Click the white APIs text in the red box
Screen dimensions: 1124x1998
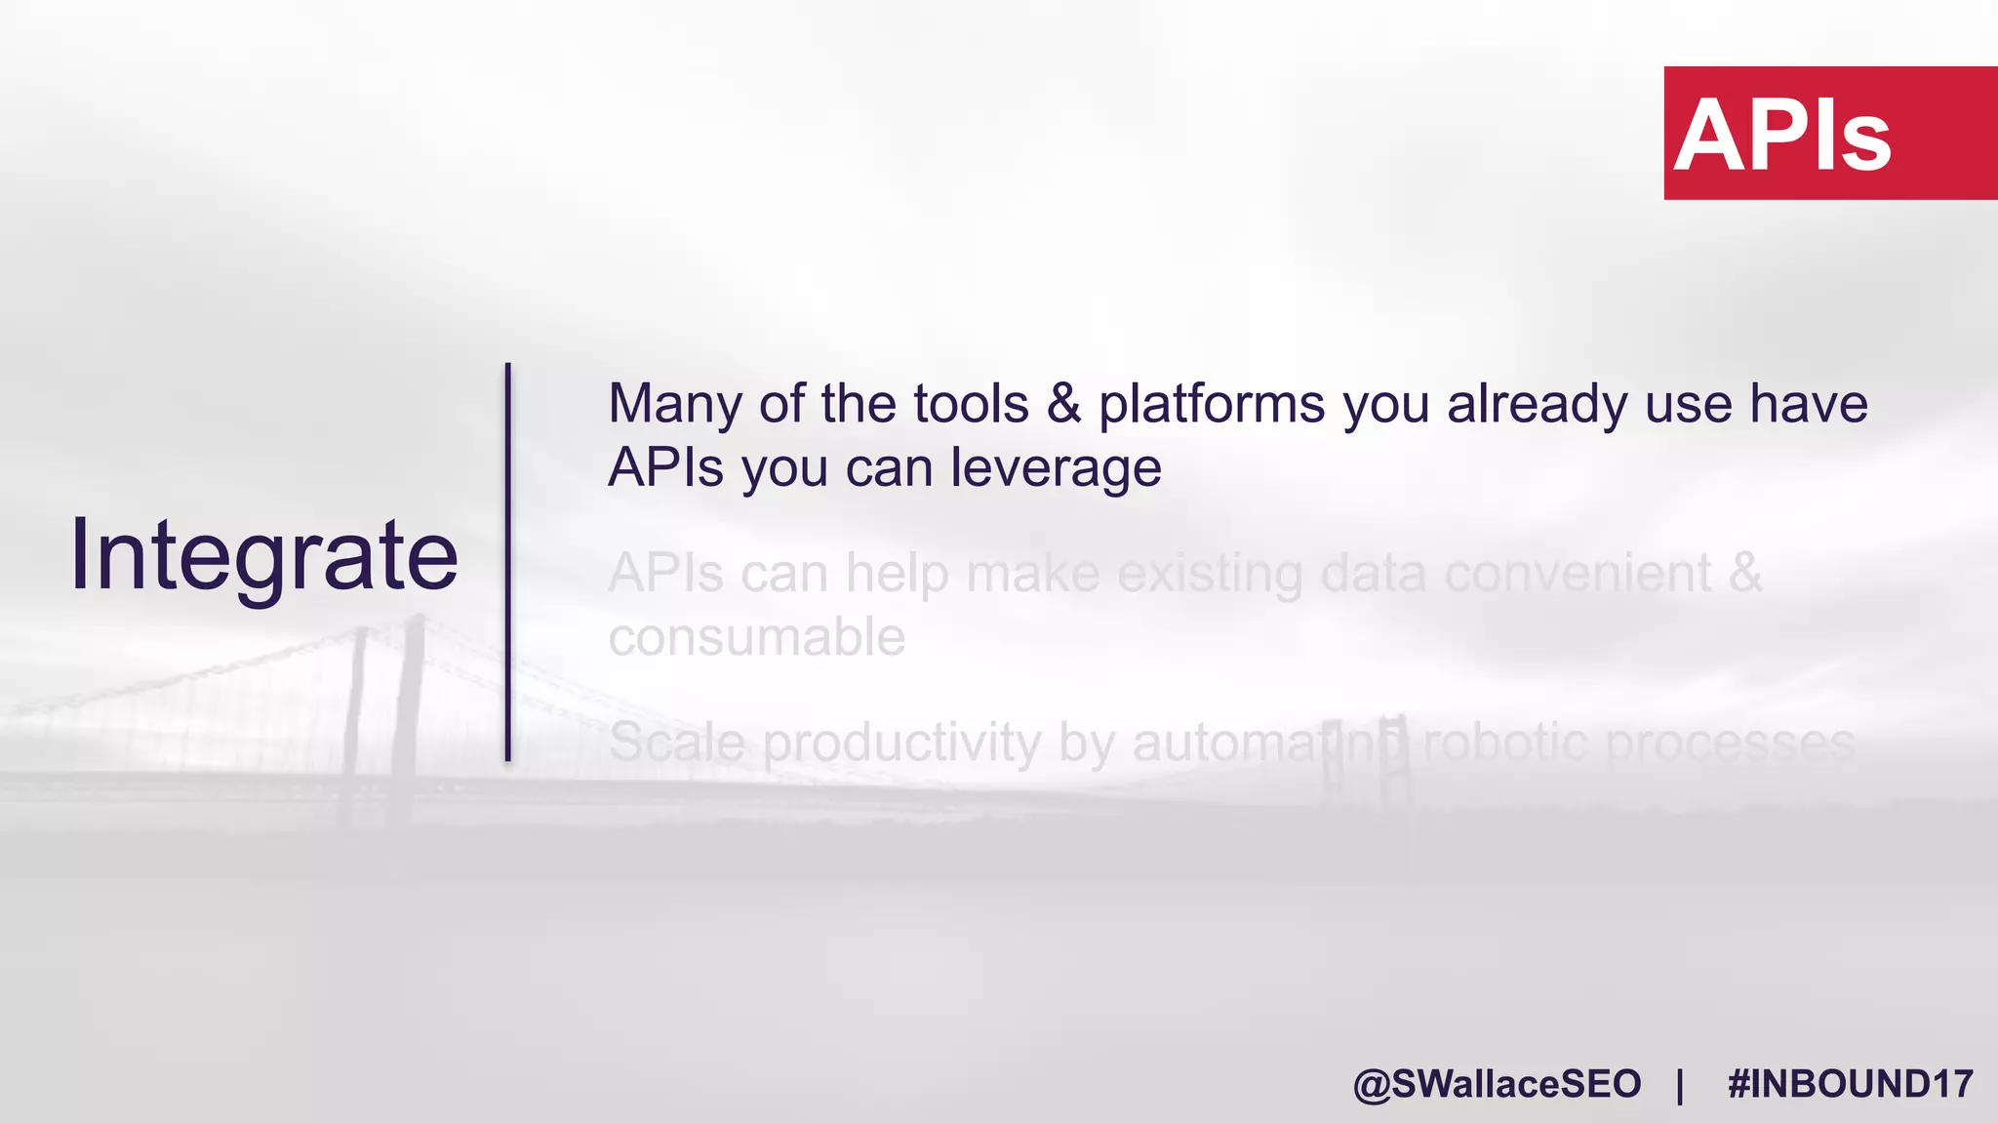(x=1782, y=136)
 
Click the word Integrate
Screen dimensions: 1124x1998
(x=263, y=555)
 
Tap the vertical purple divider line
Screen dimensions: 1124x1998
(x=508, y=561)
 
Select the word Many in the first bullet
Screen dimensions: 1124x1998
(x=674, y=404)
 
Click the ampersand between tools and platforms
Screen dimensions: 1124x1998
(x=1064, y=404)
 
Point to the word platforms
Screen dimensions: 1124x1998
(x=1212, y=404)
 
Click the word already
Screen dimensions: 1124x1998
(x=1537, y=404)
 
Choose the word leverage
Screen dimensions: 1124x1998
(x=1056, y=468)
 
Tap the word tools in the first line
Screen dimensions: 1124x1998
(x=971, y=404)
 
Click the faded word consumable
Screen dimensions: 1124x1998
(x=757, y=637)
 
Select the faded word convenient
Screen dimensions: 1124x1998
(x=1578, y=573)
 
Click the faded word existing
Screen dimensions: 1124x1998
(x=1210, y=573)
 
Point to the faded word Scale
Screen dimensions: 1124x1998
(x=677, y=743)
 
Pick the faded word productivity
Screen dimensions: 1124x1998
(x=902, y=743)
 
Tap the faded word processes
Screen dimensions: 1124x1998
(x=1730, y=743)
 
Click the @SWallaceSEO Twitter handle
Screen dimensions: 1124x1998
(x=1497, y=1084)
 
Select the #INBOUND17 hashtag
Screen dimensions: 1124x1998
(x=1850, y=1084)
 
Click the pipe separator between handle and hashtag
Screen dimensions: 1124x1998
(x=1680, y=1084)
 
